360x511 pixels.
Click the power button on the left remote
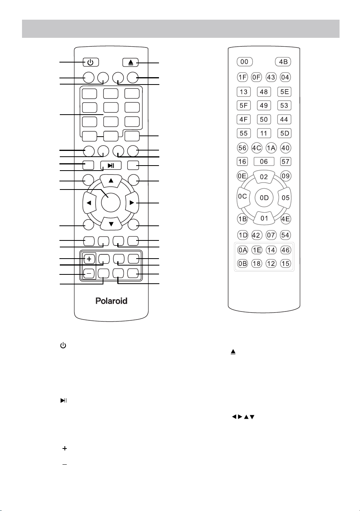(91, 62)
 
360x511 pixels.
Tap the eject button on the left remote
(130, 62)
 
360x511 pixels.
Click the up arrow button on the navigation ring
(111, 181)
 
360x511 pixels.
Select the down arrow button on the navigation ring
(111, 223)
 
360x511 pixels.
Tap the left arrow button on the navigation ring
(89, 203)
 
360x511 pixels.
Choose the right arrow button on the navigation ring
(132, 203)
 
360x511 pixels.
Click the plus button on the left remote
(89, 259)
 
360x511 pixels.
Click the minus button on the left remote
(89, 273)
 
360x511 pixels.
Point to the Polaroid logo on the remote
(112, 301)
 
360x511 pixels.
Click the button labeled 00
(245, 62)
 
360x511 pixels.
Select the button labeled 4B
(283, 62)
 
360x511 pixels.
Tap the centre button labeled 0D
(264, 198)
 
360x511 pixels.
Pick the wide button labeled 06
(264, 161)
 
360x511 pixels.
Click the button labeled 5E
(284, 92)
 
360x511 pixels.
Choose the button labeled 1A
(271, 148)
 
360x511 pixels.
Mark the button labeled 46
(286, 250)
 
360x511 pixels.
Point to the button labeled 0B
(243, 264)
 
